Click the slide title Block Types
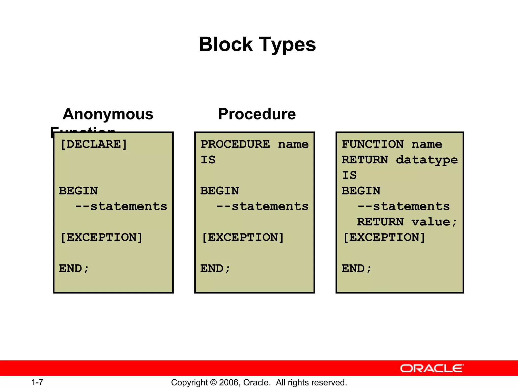[x=257, y=44]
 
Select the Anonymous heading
[x=108, y=114]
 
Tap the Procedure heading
[x=257, y=114]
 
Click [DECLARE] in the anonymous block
[x=94, y=144]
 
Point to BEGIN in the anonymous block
[x=78, y=191]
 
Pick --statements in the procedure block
[x=262, y=206]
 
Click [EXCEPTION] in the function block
[x=384, y=237]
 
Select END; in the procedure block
[x=215, y=269]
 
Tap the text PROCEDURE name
[x=254, y=144]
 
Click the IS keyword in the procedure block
[x=208, y=160]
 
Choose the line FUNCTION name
[x=392, y=144]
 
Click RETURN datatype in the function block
[x=400, y=160]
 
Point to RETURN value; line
[x=407, y=222]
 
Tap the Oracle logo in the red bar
[x=432, y=368]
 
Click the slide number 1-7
[x=37, y=382]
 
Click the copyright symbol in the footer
[x=213, y=382]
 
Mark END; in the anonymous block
[x=74, y=269]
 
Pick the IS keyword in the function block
[x=349, y=175]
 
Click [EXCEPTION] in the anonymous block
[x=101, y=237]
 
